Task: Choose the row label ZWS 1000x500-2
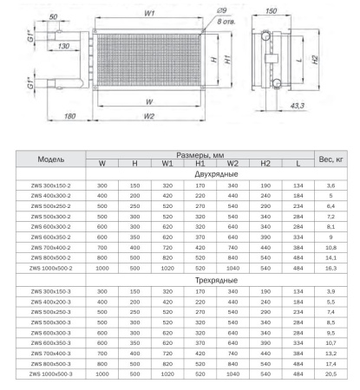coord(54,269)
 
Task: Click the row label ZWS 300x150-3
coord(54,293)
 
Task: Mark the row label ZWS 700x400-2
coord(54,248)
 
